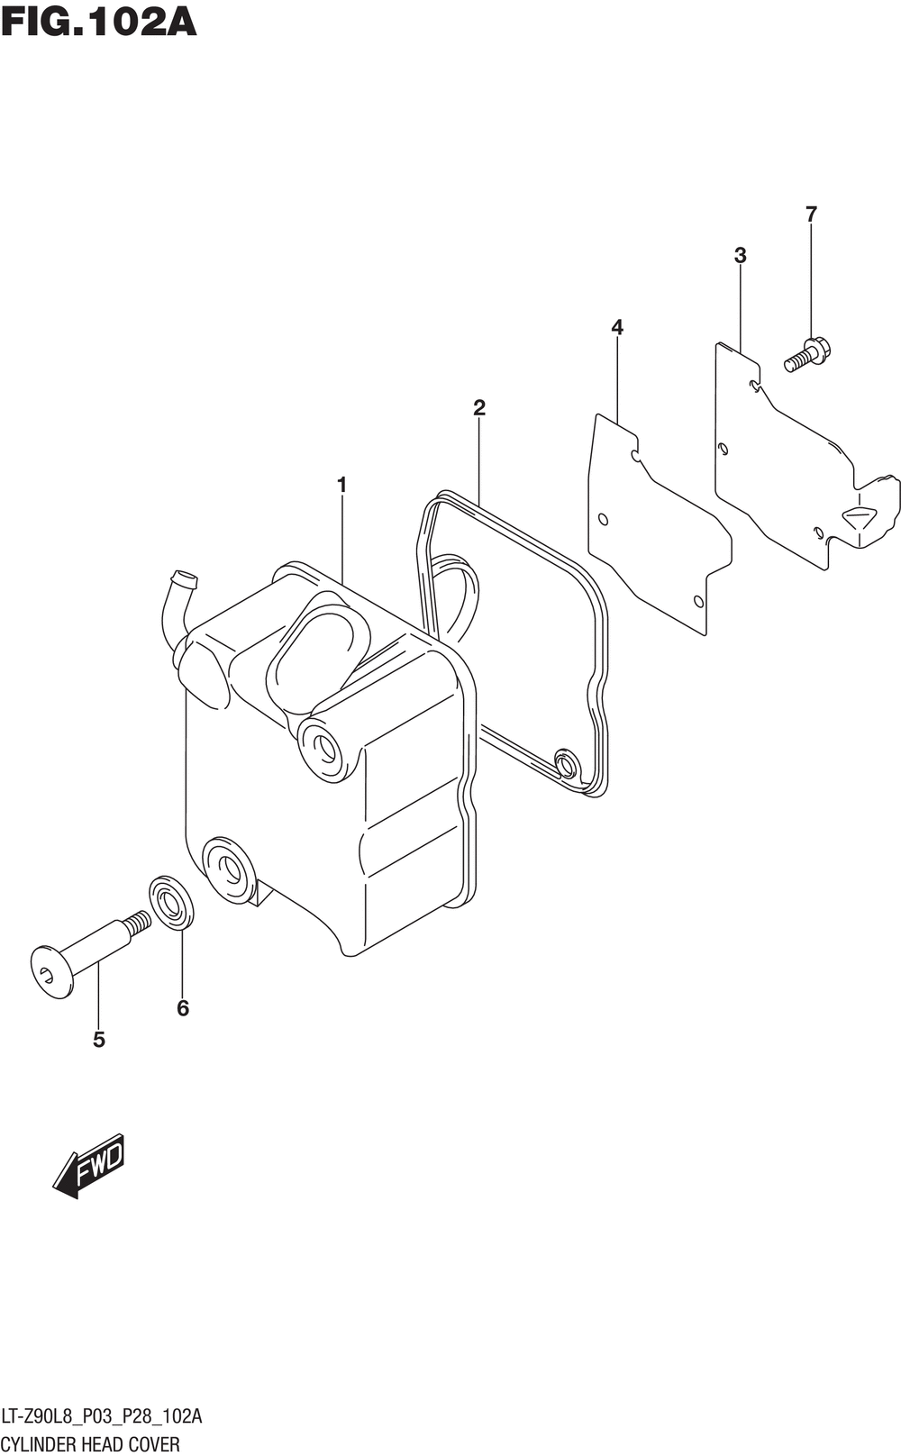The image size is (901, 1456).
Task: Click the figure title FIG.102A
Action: click(98, 22)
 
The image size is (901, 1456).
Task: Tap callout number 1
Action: click(341, 485)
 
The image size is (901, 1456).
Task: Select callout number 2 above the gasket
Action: click(479, 407)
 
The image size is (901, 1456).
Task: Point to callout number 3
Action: click(740, 255)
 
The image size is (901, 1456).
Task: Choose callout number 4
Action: click(617, 327)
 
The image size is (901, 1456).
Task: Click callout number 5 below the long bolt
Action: click(98, 1040)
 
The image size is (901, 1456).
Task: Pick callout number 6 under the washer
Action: click(183, 1008)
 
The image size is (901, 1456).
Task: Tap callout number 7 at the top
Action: click(811, 214)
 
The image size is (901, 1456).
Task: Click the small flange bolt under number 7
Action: click(808, 353)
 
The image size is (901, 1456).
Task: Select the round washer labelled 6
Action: click(170, 900)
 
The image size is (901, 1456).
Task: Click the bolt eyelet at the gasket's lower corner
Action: click(567, 764)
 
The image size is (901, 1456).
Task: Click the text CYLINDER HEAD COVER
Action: click(90, 1444)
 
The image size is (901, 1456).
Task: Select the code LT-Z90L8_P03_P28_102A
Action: click(102, 1417)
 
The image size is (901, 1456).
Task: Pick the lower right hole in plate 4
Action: click(698, 601)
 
